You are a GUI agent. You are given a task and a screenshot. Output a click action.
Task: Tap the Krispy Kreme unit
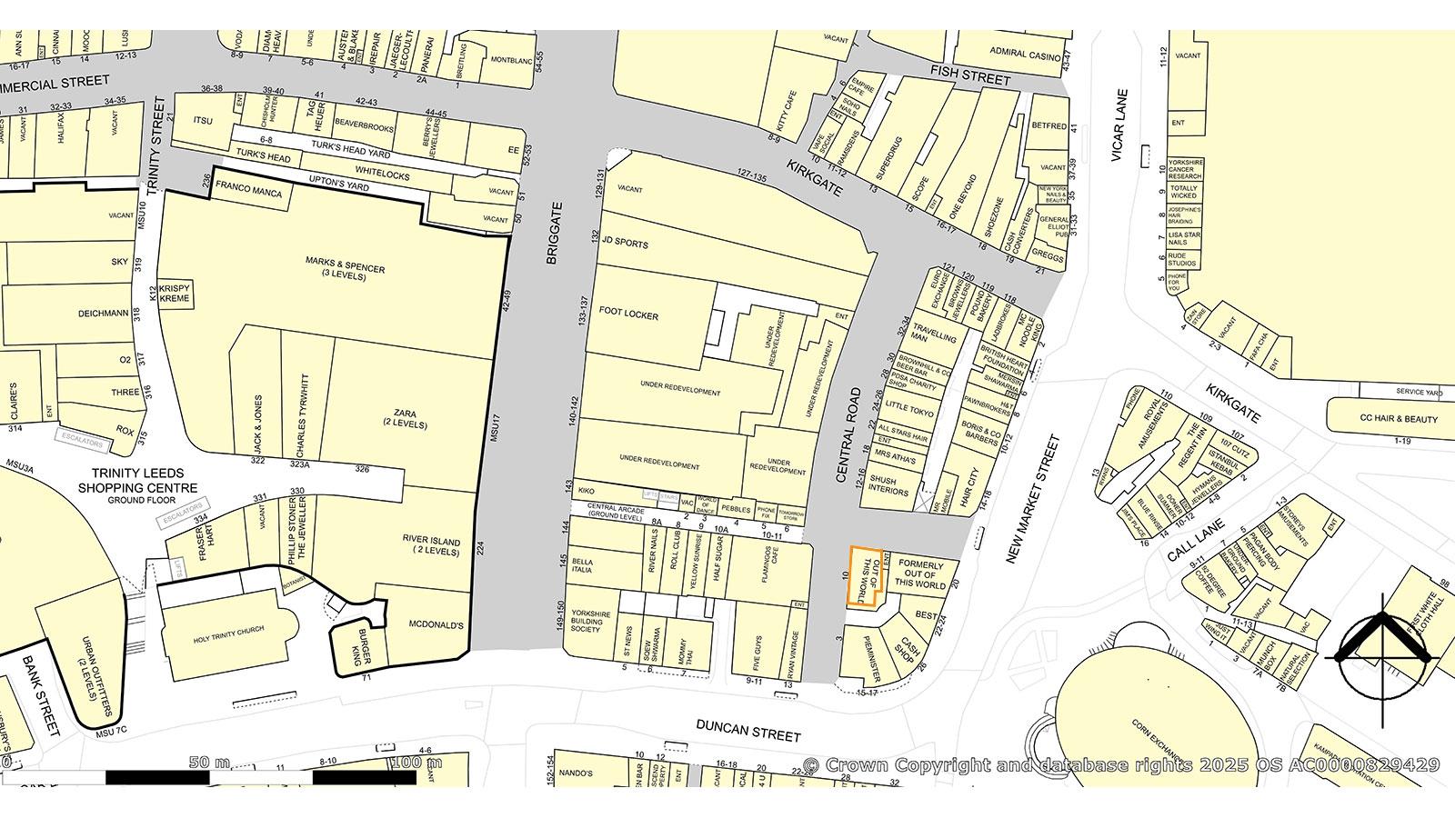[x=176, y=293]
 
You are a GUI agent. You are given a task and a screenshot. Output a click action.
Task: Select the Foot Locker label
[x=628, y=314]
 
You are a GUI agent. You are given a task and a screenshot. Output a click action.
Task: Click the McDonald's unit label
[x=436, y=625]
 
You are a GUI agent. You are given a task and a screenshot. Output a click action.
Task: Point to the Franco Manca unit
[x=247, y=194]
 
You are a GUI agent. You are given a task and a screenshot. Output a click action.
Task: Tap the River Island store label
[x=431, y=545]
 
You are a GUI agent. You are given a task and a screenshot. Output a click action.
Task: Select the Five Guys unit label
[x=758, y=652]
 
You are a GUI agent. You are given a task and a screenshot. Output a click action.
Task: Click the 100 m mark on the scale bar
[x=416, y=763]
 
